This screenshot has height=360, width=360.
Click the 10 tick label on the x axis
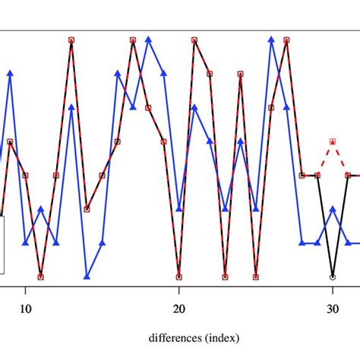pyautogui.click(x=25, y=309)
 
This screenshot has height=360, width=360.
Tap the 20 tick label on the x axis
pyautogui.click(x=179, y=309)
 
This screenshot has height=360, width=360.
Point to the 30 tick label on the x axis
pyautogui.click(x=333, y=309)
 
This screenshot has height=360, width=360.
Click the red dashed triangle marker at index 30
pyautogui.click(x=333, y=141)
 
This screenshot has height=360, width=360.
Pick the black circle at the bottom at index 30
pyautogui.click(x=333, y=277)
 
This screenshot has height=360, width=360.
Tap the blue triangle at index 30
pyautogui.click(x=333, y=208)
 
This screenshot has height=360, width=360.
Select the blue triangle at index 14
pyautogui.click(x=87, y=277)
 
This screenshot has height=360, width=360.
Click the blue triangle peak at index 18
pyautogui.click(x=148, y=39)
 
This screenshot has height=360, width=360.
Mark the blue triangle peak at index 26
pyautogui.click(x=271, y=39)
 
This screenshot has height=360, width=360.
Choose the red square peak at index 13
pyautogui.click(x=71, y=39)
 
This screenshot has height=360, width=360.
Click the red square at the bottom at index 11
pyautogui.click(x=41, y=277)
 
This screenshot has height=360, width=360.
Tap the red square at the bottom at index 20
pyautogui.click(x=179, y=277)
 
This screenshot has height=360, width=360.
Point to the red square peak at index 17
pyautogui.click(x=133, y=39)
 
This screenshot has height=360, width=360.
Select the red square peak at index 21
pyautogui.click(x=194, y=39)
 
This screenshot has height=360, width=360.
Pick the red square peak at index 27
pyautogui.click(x=286, y=39)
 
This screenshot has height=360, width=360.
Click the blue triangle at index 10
pyautogui.click(x=25, y=243)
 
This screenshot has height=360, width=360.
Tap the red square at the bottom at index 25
pyautogui.click(x=256, y=277)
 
